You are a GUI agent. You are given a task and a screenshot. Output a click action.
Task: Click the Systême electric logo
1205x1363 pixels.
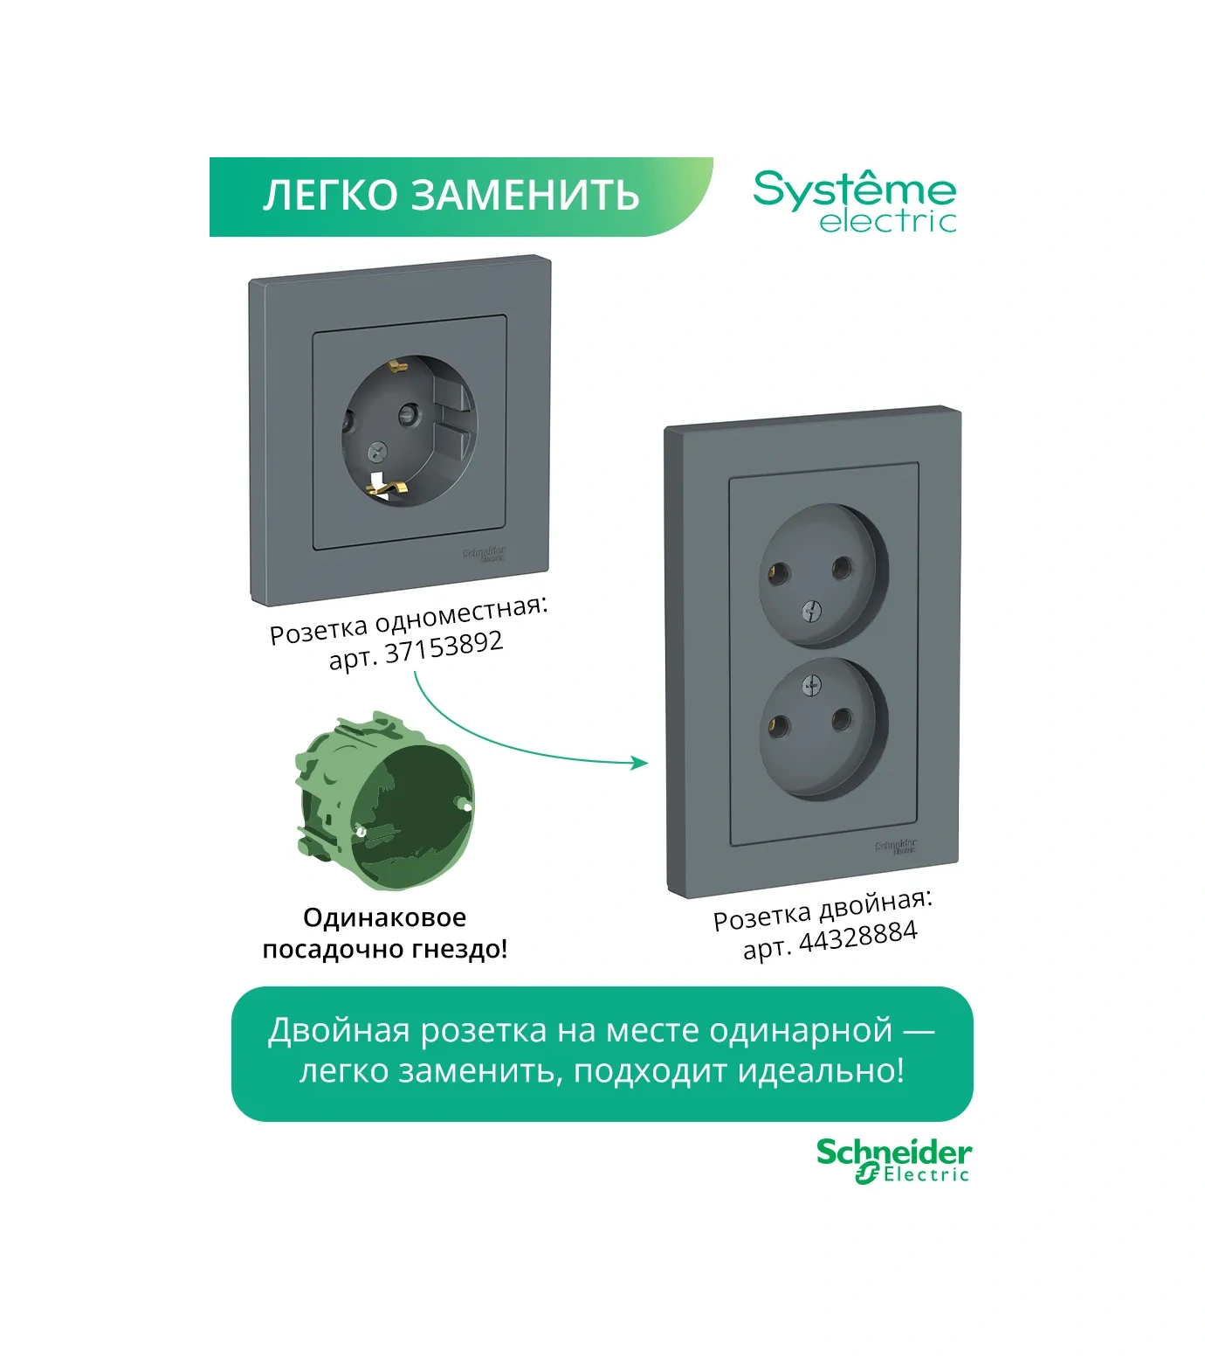point(855,202)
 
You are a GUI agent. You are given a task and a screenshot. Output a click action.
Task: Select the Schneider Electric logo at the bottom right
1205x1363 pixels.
point(893,1161)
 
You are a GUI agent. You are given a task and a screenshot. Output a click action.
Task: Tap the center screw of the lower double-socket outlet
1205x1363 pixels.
point(811,686)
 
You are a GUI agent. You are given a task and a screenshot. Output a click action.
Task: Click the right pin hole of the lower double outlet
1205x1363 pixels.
point(842,720)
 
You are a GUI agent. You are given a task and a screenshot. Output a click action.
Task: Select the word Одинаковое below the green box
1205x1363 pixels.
point(384,917)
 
